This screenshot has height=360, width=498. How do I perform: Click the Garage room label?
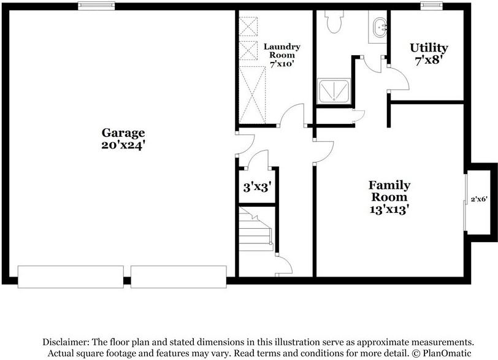tap(123, 132)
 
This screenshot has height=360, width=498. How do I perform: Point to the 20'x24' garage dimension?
tap(123, 145)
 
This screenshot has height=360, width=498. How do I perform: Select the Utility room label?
tap(429, 48)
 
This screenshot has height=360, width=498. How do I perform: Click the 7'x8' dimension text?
tap(429, 60)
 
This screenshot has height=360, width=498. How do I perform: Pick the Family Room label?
tap(389, 191)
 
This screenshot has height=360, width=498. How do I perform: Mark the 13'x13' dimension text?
tap(389, 209)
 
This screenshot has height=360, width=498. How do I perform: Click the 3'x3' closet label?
tap(256, 187)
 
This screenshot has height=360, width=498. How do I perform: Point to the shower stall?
tap(333, 91)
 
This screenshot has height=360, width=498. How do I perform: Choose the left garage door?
tap(71, 277)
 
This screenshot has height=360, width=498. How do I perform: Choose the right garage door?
tap(178, 277)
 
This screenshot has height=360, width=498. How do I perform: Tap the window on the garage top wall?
tap(96, 6)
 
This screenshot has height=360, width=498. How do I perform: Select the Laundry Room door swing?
tap(291, 115)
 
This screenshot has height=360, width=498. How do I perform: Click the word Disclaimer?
tap(66, 341)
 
